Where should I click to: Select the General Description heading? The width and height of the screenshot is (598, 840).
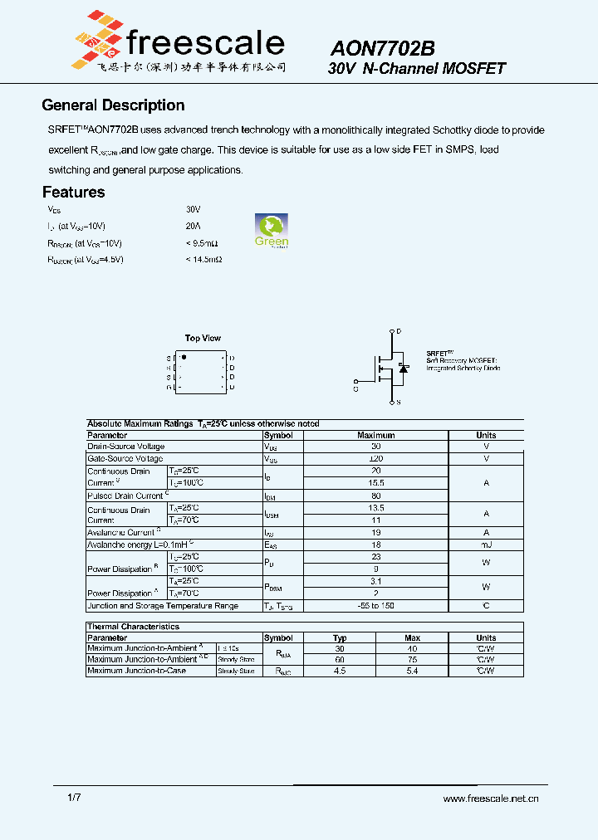(113, 105)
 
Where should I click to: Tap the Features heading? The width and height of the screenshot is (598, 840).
(73, 192)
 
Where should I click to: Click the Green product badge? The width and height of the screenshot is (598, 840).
(271, 230)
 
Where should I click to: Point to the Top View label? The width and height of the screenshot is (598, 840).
(203, 338)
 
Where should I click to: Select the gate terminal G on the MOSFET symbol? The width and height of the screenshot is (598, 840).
(356, 387)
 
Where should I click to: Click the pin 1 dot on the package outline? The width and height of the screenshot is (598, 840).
(184, 357)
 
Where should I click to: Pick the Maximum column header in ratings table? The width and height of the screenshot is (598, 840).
(375, 435)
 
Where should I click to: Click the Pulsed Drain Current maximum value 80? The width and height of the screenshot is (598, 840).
(375, 496)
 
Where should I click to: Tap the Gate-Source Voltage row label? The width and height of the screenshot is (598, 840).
(125, 458)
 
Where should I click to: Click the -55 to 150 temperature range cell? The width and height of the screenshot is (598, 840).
(375, 606)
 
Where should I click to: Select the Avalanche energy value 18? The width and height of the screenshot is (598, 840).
(375, 545)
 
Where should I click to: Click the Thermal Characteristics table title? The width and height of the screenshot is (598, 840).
(133, 627)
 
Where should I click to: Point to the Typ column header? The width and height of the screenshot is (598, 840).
(340, 638)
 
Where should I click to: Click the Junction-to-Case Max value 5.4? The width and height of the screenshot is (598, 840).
(412, 671)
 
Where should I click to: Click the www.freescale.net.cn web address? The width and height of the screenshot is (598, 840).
(491, 798)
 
